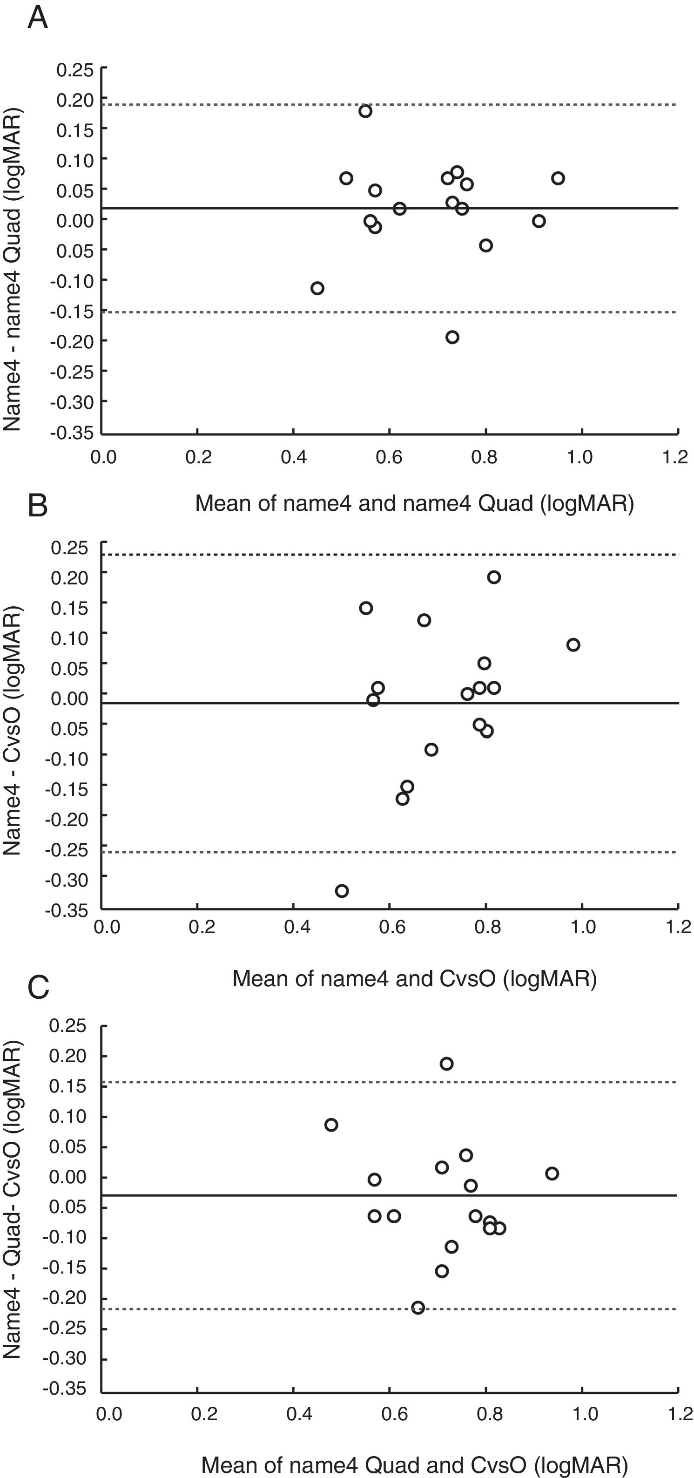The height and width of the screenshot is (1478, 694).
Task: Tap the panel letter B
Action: click(38, 506)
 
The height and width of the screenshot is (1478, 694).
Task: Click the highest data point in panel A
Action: click(365, 111)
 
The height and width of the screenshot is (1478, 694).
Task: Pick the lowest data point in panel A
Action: click(452, 337)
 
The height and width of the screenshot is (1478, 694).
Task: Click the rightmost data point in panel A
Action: click(558, 178)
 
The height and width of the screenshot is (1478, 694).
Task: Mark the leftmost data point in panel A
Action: click(317, 288)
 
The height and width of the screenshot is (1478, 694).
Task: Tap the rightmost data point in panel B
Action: click(573, 645)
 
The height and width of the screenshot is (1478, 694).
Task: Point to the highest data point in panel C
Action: click(446, 1064)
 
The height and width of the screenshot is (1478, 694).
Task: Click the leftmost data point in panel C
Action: click(331, 1125)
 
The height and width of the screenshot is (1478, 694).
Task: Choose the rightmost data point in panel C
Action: click(552, 1173)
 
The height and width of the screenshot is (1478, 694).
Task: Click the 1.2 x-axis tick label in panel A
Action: click(674, 457)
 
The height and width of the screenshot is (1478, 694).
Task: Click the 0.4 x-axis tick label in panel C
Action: click(299, 1414)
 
